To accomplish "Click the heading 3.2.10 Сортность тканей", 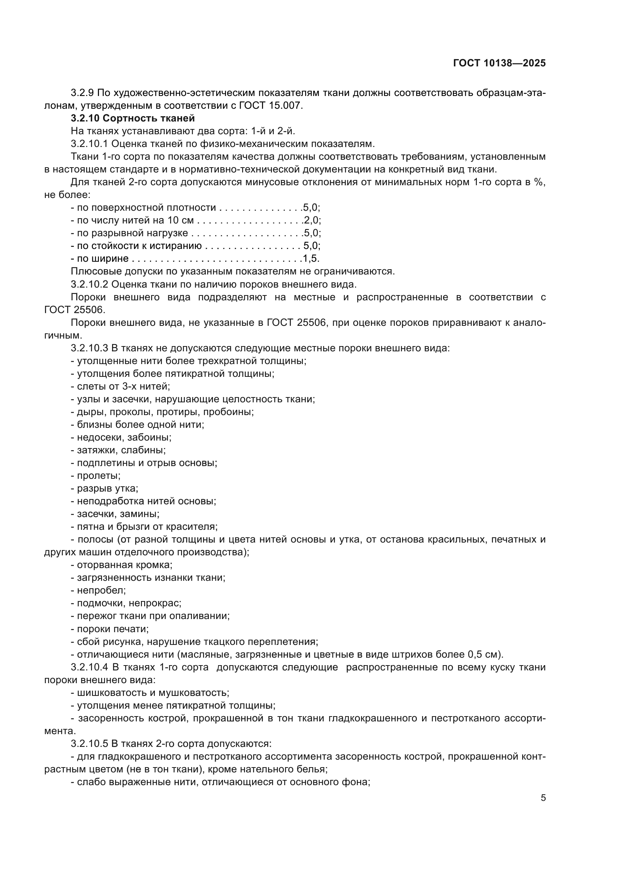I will [x=132, y=118].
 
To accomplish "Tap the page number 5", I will [x=543, y=798].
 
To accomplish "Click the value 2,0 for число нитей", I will [x=311, y=220].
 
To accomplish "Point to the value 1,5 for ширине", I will [x=310, y=259].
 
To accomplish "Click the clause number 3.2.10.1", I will [x=89, y=144].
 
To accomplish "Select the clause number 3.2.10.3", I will [x=89, y=348].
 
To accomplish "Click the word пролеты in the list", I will [x=99, y=475].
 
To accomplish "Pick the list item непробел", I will [x=101, y=590].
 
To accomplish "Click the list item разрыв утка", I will [x=107, y=489].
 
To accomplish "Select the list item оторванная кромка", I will [x=124, y=565].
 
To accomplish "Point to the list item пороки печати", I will [x=112, y=629].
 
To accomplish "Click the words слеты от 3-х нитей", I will [x=123, y=386].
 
